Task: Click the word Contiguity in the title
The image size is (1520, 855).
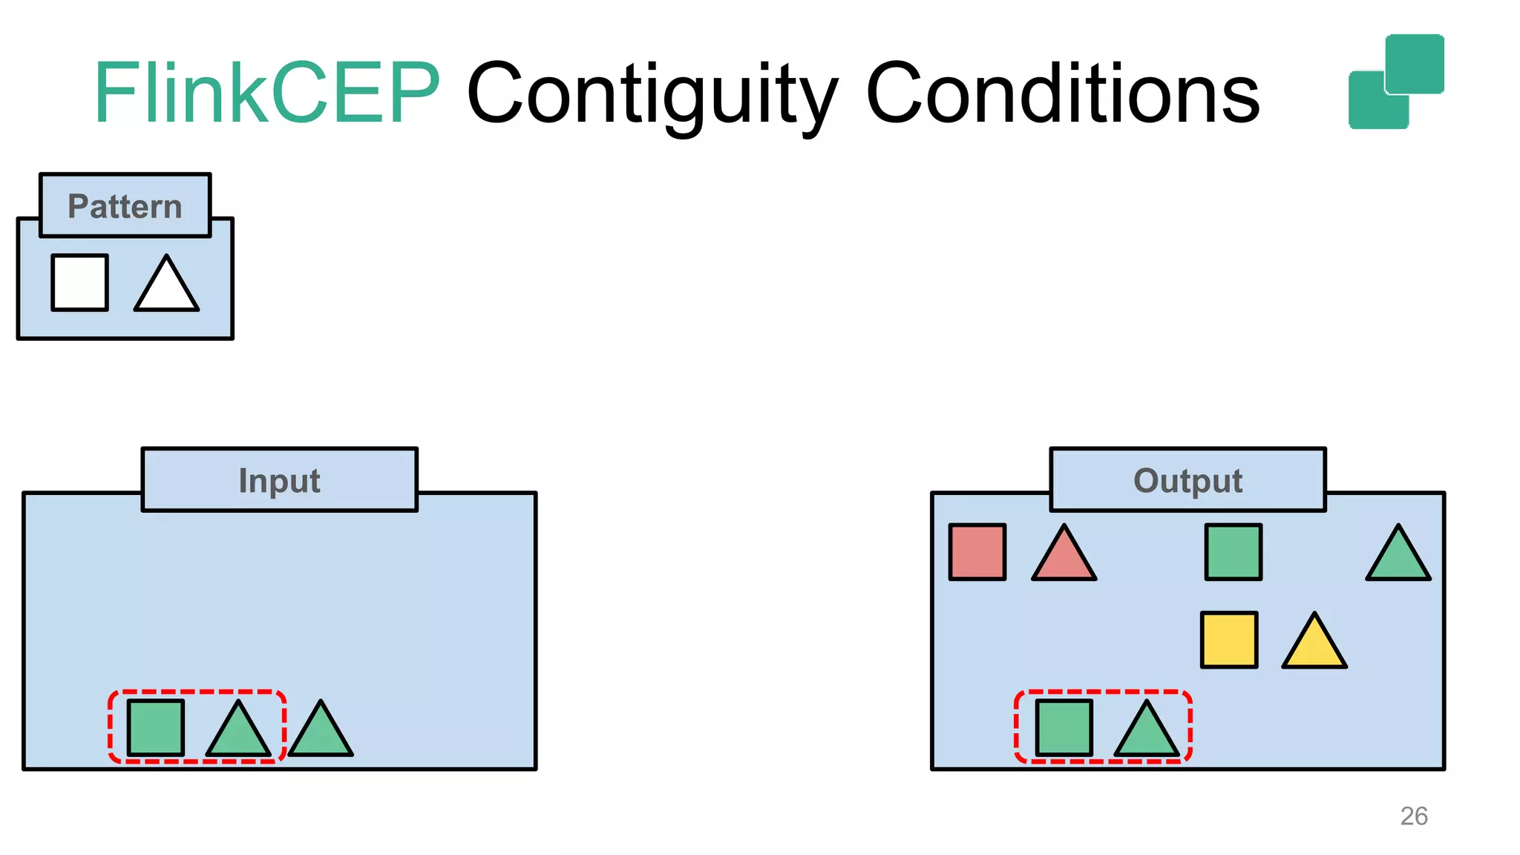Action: click(652, 95)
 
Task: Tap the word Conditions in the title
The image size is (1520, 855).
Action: click(1063, 94)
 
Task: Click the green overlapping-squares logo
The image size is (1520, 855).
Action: click(1396, 82)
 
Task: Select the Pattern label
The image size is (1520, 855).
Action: click(125, 206)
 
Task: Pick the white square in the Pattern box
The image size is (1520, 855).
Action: click(80, 283)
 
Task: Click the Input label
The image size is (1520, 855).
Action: click(279, 480)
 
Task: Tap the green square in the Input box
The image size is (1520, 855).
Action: click(156, 727)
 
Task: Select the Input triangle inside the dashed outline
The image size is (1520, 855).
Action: click(238, 733)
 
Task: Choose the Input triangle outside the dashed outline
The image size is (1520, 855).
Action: click(321, 733)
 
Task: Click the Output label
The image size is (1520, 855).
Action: click(1187, 480)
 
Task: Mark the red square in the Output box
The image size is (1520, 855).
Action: click(977, 552)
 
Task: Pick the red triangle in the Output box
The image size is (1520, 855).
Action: click(1064, 557)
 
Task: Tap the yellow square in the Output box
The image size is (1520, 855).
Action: click(1229, 640)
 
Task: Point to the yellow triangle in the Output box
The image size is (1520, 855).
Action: click(1314, 645)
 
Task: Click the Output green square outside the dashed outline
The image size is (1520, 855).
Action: click(1234, 552)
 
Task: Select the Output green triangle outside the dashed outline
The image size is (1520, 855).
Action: click(1398, 557)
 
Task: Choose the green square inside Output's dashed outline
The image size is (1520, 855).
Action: click(1064, 727)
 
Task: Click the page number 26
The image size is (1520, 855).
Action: click(1414, 816)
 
